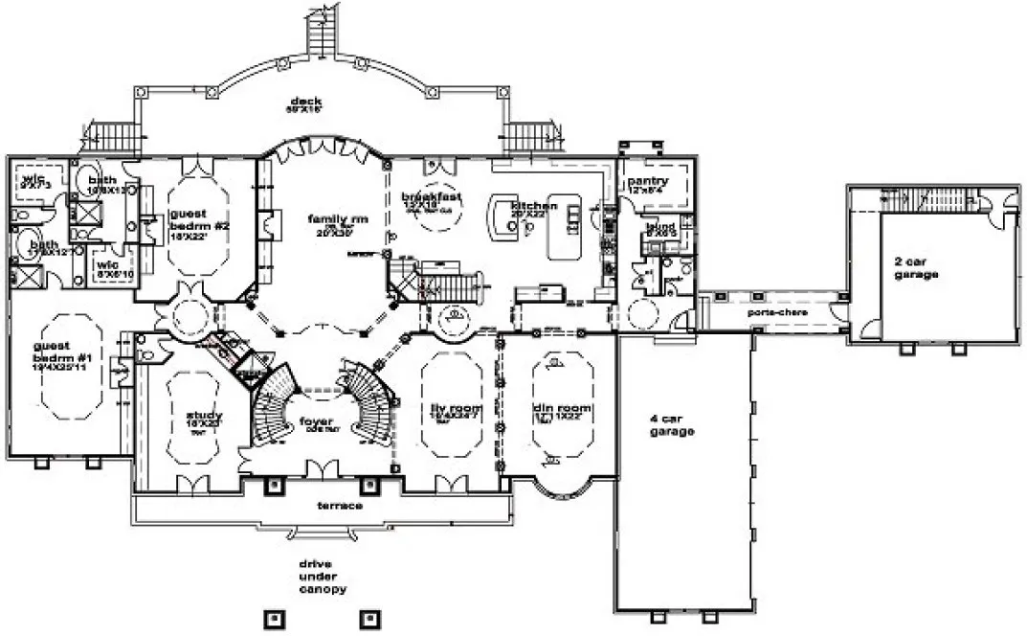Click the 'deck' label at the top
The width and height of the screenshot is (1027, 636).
tap(307, 102)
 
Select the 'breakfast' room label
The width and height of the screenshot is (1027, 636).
tap(432, 196)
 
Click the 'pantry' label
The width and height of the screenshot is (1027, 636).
tap(647, 181)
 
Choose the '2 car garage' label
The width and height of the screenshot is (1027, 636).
tap(916, 267)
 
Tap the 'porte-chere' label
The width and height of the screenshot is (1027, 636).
tap(776, 312)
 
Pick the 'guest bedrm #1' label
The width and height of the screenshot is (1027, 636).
tap(58, 352)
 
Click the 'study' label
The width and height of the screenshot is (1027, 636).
tap(205, 416)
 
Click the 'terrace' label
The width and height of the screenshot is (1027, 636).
tap(340, 505)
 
